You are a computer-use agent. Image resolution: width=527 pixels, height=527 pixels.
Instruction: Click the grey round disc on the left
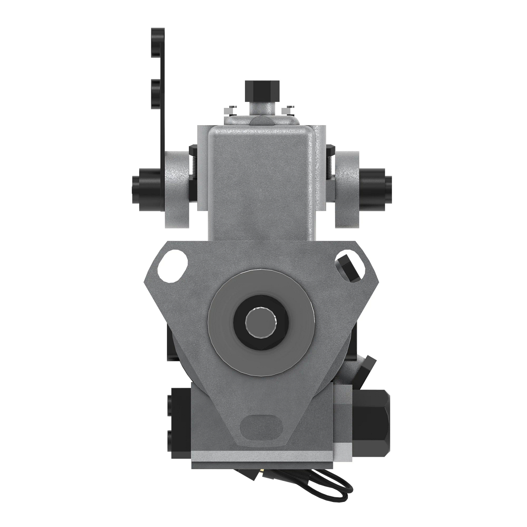point(178,188)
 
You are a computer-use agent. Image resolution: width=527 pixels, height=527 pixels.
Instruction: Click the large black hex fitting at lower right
point(372,422)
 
